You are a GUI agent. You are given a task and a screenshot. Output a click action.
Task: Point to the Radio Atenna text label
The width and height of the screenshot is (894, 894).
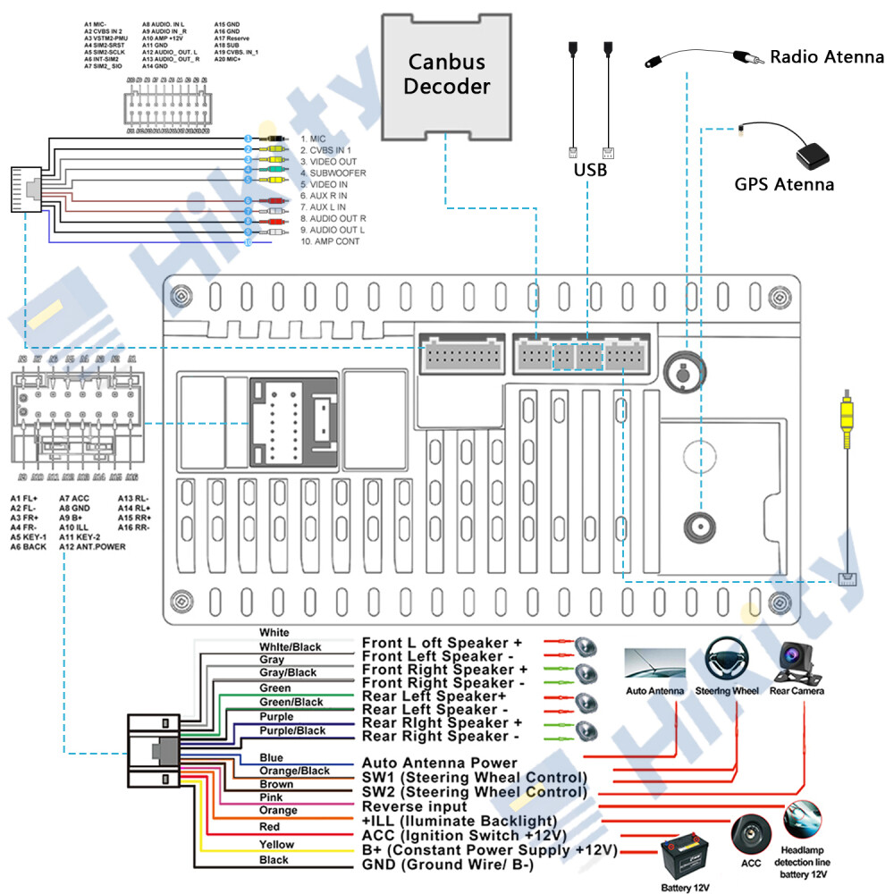pyautogui.click(x=826, y=58)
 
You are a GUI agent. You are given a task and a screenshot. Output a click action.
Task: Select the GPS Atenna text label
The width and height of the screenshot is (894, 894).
pyautogui.click(x=784, y=185)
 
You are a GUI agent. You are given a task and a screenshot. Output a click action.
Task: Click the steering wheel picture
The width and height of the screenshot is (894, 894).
pyautogui.click(x=726, y=661)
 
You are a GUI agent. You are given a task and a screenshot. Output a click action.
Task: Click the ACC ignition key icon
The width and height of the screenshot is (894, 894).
pyautogui.click(x=750, y=834)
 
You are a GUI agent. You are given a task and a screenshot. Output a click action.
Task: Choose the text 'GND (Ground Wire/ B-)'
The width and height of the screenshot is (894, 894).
pyautogui.click(x=447, y=865)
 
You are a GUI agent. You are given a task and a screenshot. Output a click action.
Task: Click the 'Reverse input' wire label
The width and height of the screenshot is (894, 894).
pyautogui.click(x=414, y=806)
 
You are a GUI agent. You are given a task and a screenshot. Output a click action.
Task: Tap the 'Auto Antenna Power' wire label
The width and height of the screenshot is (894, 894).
pyautogui.click(x=439, y=763)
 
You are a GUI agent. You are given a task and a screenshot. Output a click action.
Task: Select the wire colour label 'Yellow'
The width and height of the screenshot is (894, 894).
pyautogui.click(x=276, y=845)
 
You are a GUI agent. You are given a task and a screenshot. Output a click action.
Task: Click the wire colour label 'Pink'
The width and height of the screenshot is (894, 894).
pyautogui.click(x=271, y=797)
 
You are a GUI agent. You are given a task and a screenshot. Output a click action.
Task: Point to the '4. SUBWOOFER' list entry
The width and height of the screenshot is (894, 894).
pyautogui.click(x=333, y=173)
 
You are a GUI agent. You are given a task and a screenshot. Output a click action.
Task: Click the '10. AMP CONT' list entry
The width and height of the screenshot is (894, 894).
pyautogui.click(x=331, y=242)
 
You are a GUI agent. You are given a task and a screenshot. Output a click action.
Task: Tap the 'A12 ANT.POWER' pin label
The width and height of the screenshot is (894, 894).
pyautogui.click(x=92, y=546)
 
